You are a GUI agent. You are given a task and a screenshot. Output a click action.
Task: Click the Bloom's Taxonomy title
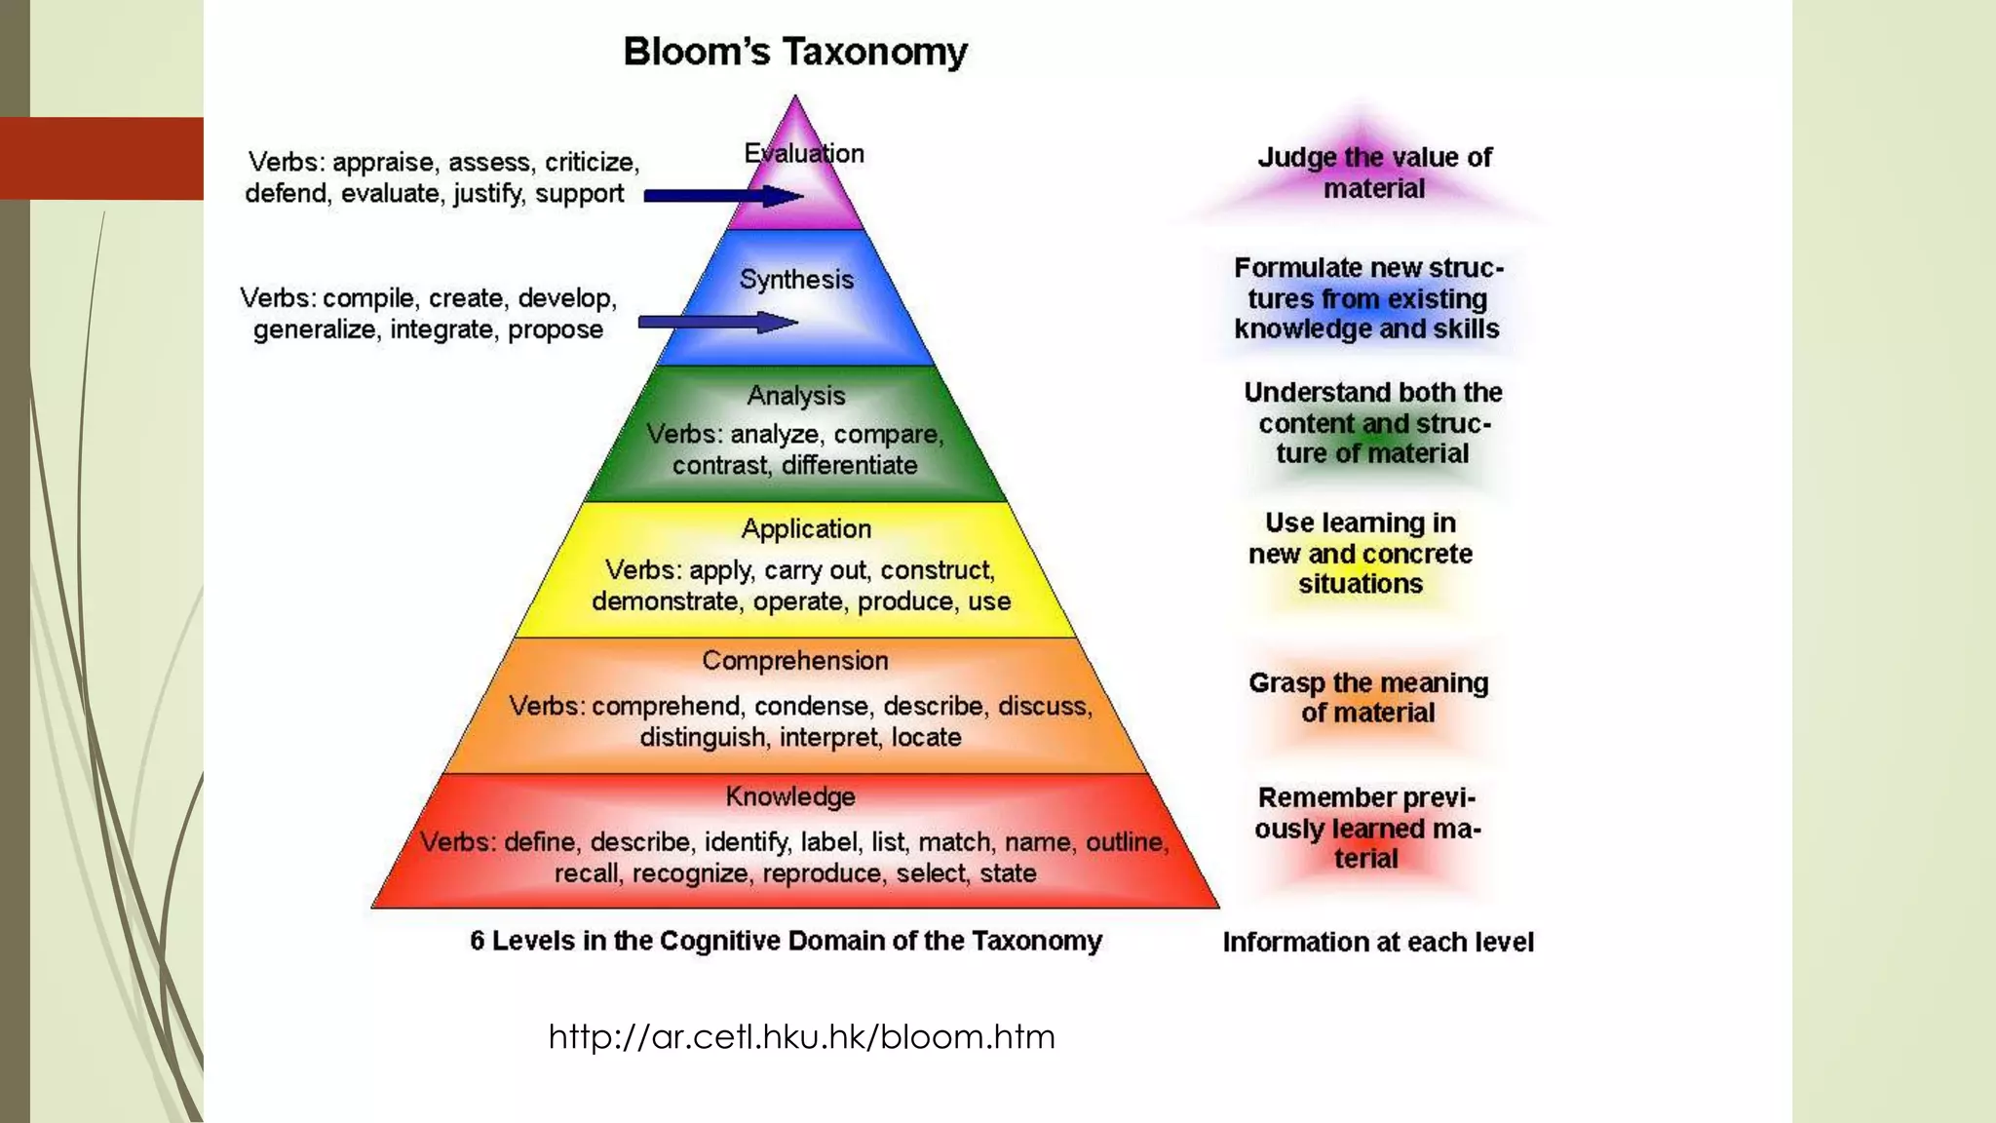[795, 52]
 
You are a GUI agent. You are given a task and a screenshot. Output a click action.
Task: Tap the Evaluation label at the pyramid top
[804, 153]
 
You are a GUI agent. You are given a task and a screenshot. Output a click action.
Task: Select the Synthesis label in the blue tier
[796, 280]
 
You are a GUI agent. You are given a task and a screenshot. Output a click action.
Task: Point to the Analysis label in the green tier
[795, 396]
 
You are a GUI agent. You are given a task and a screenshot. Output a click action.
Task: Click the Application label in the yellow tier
[806, 528]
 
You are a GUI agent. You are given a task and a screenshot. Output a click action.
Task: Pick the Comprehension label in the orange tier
[795, 661]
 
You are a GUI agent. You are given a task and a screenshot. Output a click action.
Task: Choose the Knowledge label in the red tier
[790, 796]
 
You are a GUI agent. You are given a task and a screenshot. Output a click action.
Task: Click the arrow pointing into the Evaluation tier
[722, 196]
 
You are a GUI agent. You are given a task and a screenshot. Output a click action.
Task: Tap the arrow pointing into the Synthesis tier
[717, 323]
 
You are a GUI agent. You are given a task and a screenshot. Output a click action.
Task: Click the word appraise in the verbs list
[383, 162]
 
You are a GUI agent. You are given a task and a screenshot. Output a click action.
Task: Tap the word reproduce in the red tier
[822, 872]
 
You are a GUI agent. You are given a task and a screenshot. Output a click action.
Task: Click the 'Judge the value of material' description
[1374, 173]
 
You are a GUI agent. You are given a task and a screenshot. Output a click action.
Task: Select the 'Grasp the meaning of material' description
[1368, 697]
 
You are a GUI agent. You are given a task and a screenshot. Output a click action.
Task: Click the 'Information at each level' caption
[1378, 942]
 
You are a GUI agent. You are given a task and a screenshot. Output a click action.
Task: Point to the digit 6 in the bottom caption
[478, 941]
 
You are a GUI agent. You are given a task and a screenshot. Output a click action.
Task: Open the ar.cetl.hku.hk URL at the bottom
[801, 1036]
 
